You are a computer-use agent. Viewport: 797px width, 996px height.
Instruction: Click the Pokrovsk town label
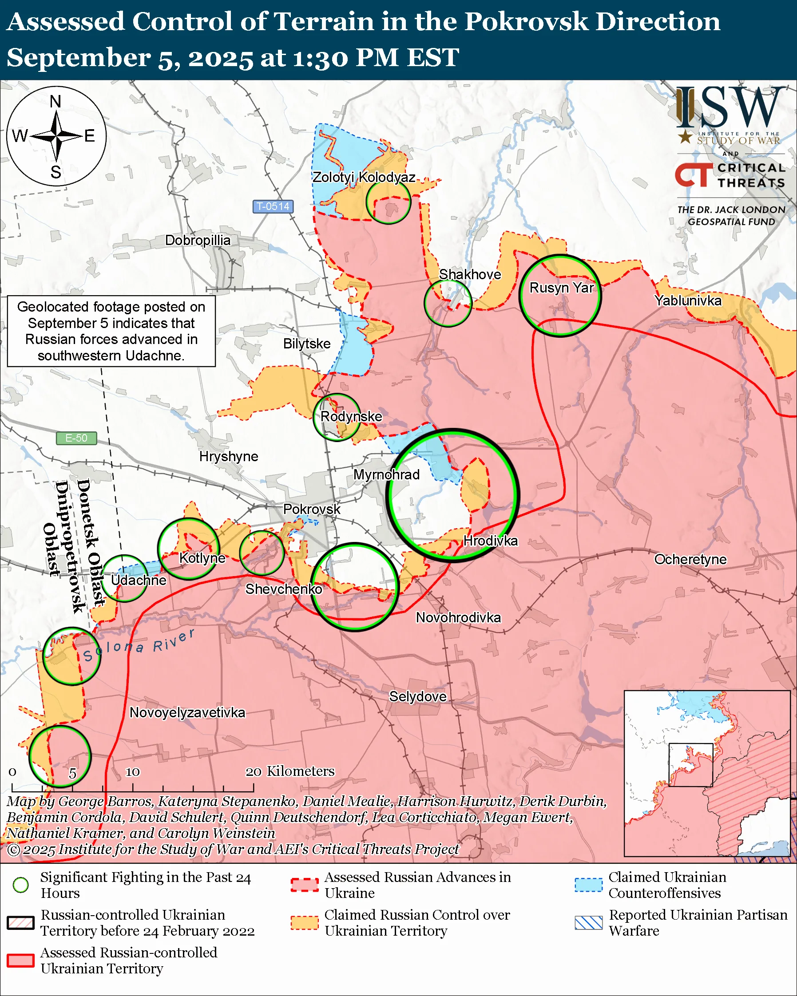[x=311, y=509]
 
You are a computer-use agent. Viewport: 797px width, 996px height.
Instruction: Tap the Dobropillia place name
[x=198, y=240]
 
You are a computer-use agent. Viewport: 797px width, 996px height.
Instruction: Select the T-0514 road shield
[x=273, y=206]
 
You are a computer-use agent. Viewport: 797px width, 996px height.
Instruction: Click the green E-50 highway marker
[x=76, y=438]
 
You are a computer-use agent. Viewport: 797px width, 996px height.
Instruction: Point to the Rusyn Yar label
[x=561, y=288]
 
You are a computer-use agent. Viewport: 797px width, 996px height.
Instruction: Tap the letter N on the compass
[x=56, y=102]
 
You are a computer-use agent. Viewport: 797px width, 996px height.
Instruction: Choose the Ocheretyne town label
[x=690, y=559]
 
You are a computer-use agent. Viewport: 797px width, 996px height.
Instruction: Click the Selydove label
[x=418, y=697]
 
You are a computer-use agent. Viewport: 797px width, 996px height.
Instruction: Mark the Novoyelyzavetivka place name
[x=187, y=712]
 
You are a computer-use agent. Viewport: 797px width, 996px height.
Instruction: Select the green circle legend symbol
[x=21, y=885]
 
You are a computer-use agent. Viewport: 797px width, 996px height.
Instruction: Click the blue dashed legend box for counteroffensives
[x=589, y=885]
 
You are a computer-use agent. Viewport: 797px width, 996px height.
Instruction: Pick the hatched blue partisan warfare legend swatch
[x=589, y=923]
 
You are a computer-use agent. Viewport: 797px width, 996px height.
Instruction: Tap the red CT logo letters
[x=694, y=175]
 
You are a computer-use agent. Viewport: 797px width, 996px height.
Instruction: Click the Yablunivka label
[x=688, y=301]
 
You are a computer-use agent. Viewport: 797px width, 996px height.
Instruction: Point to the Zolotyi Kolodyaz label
[x=364, y=178]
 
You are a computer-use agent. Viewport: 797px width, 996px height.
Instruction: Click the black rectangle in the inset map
[x=691, y=765]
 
